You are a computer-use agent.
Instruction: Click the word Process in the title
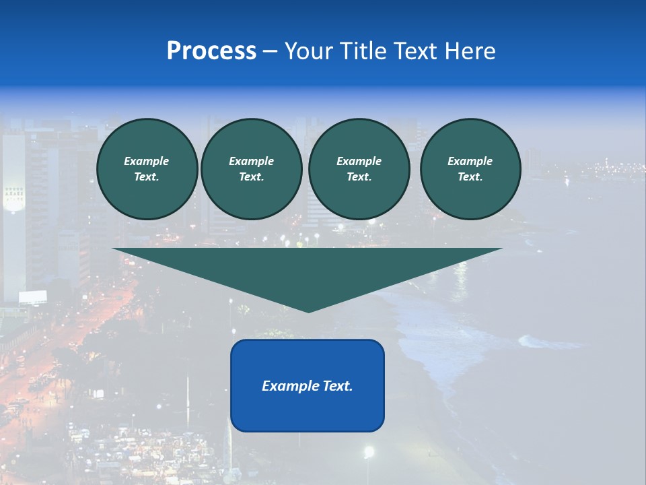(211, 51)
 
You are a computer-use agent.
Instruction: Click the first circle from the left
(147, 169)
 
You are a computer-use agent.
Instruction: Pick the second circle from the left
(252, 169)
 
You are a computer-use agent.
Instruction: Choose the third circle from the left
(359, 169)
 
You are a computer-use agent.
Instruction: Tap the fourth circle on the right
(470, 169)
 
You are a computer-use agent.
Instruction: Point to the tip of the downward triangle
(308, 311)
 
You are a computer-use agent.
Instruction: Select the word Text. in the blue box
(336, 386)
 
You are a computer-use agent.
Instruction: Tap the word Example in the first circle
(147, 161)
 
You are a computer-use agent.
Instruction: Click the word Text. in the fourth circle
(470, 177)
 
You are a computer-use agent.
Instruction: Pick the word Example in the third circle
(359, 161)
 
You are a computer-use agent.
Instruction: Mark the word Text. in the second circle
(252, 177)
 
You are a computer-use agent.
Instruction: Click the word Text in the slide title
(416, 51)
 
